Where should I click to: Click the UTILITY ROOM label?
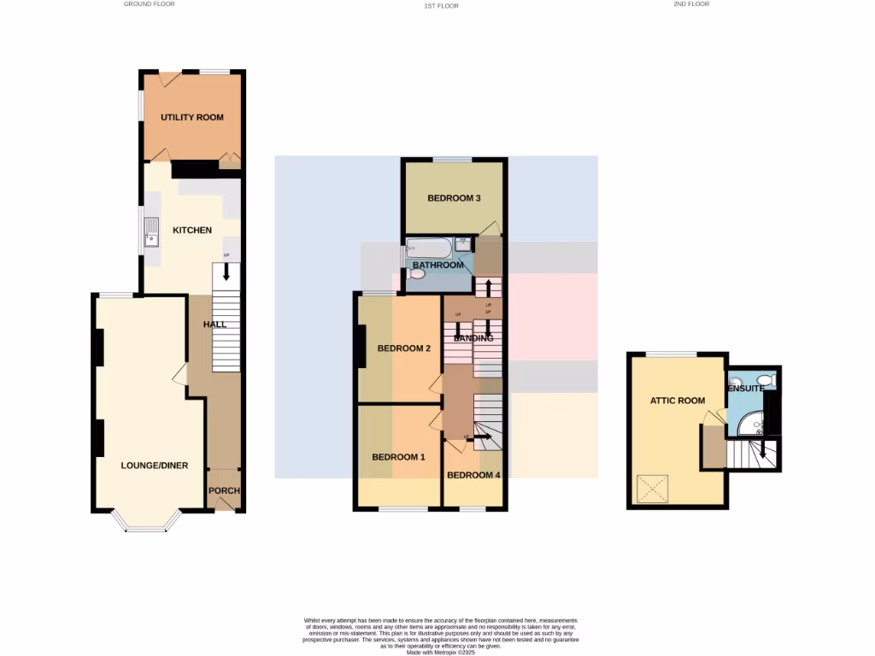pos(192,117)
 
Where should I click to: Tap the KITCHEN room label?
pos(192,230)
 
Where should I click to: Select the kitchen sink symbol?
pos(151,231)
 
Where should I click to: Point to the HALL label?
pos(214,325)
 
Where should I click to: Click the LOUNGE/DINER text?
pos(154,466)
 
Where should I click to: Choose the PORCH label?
pos(225,490)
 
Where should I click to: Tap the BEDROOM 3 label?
pos(454,198)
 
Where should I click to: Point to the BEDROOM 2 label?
pos(404,348)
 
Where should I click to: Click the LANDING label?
pos(473,338)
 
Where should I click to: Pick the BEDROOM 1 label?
pos(398,457)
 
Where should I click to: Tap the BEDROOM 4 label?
pos(473,475)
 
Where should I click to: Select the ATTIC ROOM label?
pos(678,401)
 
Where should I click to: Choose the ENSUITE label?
pos(746,389)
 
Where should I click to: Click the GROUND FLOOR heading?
pos(150,4)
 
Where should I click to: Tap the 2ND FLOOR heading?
pos(691,4)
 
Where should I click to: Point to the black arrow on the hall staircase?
pos(226,272)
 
